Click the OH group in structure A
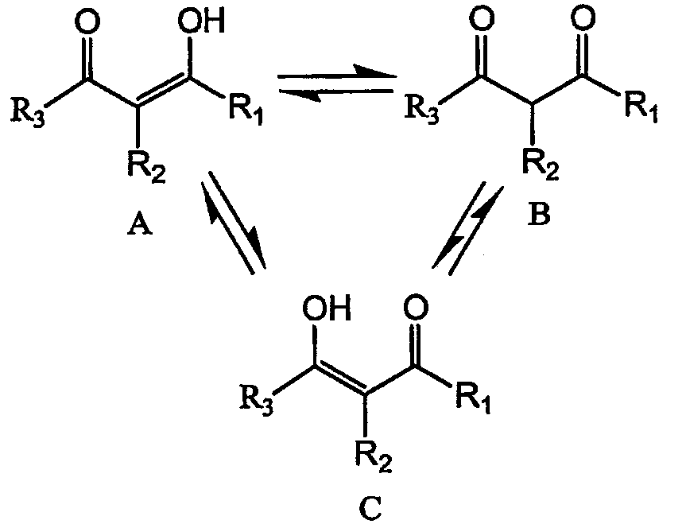[201, 21]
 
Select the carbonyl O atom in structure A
[87, 21]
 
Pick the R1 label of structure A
[246, 111]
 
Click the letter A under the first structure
[141, 226]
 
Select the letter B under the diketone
[539, 215]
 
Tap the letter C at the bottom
[370, 507]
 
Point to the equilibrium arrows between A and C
[233, 223]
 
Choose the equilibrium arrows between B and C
[467, 227]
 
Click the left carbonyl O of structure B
[481, 20]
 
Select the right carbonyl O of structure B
[583, 20]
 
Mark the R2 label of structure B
[541, 166]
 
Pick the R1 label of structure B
[641, 108]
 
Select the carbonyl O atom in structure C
[416, 308]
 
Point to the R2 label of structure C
[373, 456]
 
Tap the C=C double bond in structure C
[340, 380]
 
